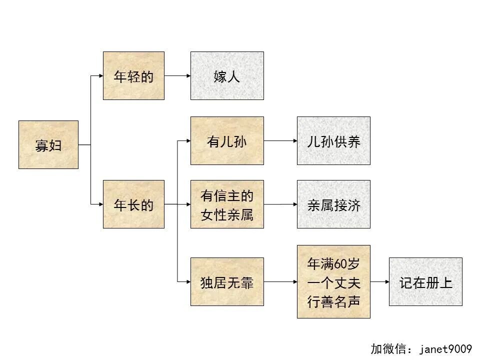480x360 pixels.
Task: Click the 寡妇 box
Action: (x=48, y=144)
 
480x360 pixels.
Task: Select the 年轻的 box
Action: (x=133, y=76)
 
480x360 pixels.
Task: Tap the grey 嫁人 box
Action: (x=227, y=76)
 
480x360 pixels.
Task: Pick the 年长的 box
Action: (x=133, y=204)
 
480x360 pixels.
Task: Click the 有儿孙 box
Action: (x=227, y=140)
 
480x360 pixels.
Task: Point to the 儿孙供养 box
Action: (x=333, y=140)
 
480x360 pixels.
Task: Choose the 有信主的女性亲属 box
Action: (x=227, y=204)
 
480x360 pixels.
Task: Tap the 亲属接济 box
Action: (x=333, y=204)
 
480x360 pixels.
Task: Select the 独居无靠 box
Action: (x=227, y=281)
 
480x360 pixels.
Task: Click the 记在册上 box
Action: (x=425, y=281)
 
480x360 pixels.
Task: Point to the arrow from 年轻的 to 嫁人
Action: (x=177, y=76)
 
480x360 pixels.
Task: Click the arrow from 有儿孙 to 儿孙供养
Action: (x=280, y=140)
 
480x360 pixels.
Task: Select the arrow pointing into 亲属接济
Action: (x=280, y=204)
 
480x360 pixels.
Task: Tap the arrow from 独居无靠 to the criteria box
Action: (x=280, y=281)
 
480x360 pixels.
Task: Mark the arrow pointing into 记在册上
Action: (x=379, y=281)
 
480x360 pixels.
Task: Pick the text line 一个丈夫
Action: (x=333, y=282)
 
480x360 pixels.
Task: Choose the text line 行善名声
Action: (x=333, y=301)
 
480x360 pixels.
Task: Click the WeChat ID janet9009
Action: (x=446, y=348)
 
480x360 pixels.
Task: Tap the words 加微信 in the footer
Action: (x=387, y=348)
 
